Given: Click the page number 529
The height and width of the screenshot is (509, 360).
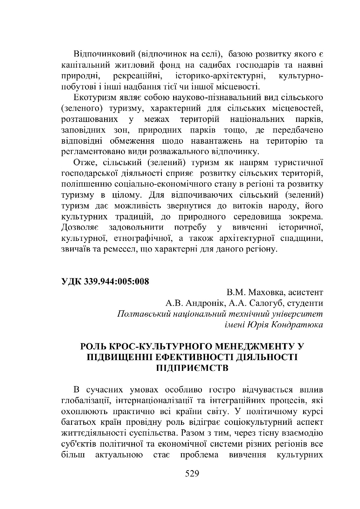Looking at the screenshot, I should (x=192, y=474).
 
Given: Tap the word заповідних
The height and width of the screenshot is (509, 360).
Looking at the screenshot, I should (x=83, y=130).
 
